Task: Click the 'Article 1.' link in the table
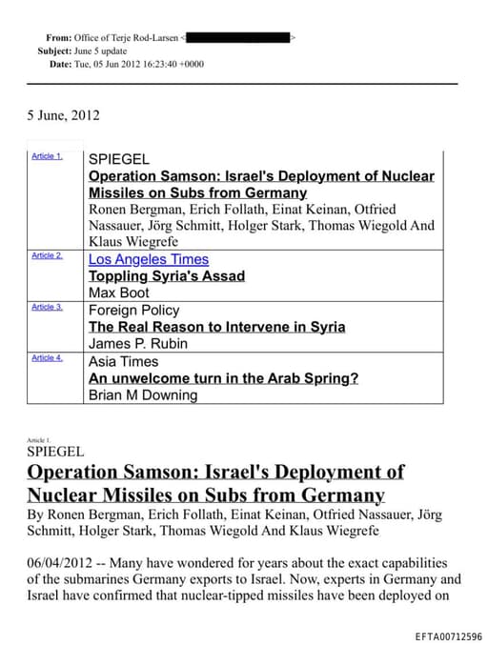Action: (x=47, y=155)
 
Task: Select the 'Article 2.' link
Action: (x=47, y=256)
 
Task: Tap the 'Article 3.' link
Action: (x=47, y=307)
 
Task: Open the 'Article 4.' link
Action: (x=47, y=357)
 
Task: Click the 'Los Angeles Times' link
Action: (x=148, y=259)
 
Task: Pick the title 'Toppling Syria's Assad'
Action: (x=166, y=276)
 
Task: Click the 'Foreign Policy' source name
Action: (x=132, y=311)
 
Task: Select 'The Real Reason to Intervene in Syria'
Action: (x=216, y=327)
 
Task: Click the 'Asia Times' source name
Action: (x=123, y=362)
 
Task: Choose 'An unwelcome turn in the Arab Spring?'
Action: (x=223, y=378)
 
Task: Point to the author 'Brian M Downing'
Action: (x=143, y=395)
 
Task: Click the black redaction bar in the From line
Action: (x=238, y=37)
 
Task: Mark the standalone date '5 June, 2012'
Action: (x=63, y=115)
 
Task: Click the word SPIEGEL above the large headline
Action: (x=56, y=452)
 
